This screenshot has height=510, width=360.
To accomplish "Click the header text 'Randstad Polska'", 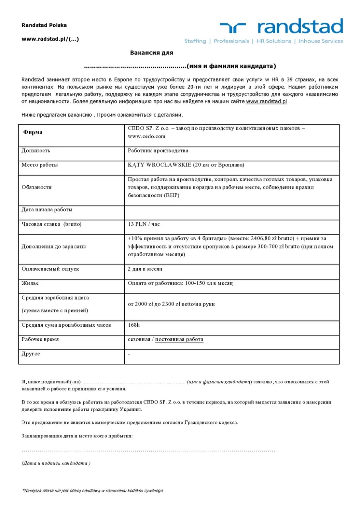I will [x=44, y=25].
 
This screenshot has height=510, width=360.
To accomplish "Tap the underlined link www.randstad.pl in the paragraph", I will [x=266, y=102].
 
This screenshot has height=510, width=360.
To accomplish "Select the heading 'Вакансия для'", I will [x=152, y=53].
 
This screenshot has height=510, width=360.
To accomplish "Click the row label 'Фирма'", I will [x=33, y=132].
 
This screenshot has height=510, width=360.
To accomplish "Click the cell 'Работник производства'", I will [x=158, y=151].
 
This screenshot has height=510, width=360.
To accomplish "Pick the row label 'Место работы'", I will [x=39, y=165].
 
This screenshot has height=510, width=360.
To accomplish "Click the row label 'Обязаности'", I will [x=37, y=187].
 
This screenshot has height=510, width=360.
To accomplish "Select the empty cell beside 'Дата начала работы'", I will [x=232, y=210].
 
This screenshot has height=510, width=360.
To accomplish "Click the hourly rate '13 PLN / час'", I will [x=144, y=224].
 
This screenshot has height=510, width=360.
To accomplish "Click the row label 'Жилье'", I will [x=30, y=283].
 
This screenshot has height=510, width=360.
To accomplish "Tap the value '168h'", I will [x=134, y=325].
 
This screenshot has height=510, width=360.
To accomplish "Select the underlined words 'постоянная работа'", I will [x=179, y=339].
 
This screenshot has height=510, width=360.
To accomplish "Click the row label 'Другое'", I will [x=31, y=354].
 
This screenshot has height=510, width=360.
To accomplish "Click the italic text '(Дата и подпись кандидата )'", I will [x=56, y=463].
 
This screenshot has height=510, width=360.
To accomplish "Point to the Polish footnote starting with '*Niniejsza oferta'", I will [x=92, y=490].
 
